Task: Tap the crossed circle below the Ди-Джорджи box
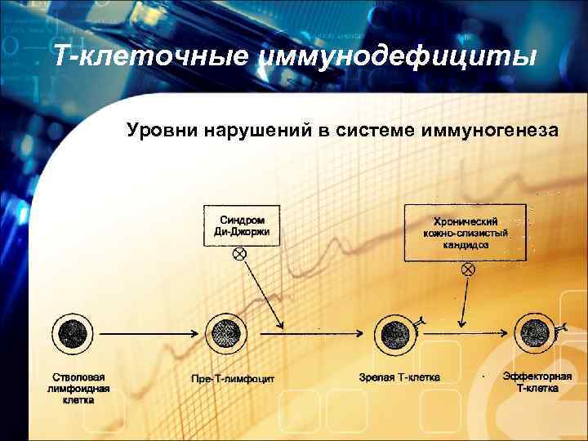coord(239,255)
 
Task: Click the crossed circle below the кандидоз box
coord(467,269)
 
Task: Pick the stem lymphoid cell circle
coord(73,333)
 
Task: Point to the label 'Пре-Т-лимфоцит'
coord(233,379)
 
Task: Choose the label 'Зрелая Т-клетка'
coord(399,377)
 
